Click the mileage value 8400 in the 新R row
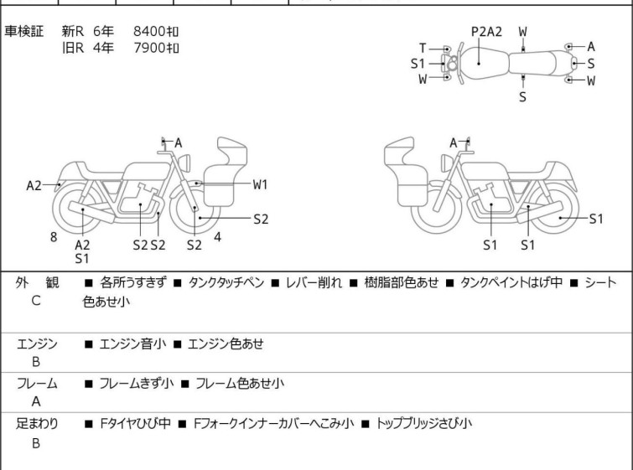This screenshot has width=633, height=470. click(x=149, y=31)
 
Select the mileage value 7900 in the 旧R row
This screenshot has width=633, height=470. click(x=149, y=48)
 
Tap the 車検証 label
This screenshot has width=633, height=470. click(x=23, y=31)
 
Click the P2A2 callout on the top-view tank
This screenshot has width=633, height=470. click(x=486, y=32)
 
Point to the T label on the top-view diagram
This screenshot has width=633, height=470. click(x=423, y=49)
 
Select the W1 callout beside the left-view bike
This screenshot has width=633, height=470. click(x=261, y=184)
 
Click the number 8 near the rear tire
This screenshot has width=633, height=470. click(x=54, y=237)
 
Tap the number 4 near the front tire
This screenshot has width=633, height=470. click(x=218, y=237)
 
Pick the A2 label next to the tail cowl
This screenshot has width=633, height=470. click(x=34, y=185)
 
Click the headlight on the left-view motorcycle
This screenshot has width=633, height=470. click(x=184, y=163)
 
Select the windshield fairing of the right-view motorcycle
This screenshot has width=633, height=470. click(x=399, y=152)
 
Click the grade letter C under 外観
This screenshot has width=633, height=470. click(x=36, y=301)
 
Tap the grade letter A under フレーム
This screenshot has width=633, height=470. click(x=36, y=401)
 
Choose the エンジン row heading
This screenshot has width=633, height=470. click(x=37, y=343)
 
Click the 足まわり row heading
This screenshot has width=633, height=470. click(x=37, y=423)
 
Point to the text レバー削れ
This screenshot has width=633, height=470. click(x=314, y=282)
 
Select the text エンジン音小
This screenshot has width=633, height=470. click(x=132, y=343)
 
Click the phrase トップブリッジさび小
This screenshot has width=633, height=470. click(x=424, y=423)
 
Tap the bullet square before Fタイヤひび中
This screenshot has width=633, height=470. click(x=88, y=424)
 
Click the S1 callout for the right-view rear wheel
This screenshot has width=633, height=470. click(x=596, y=219)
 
